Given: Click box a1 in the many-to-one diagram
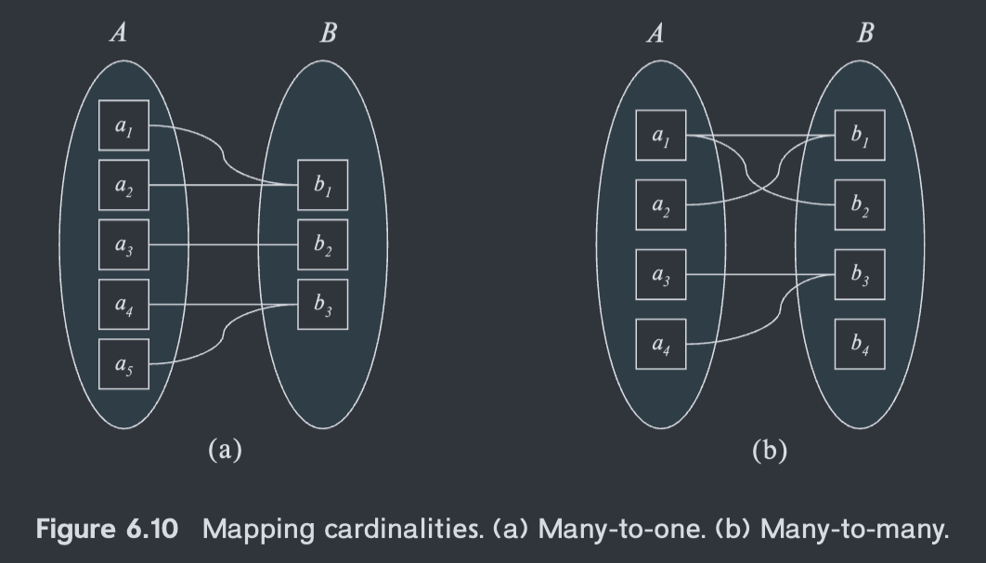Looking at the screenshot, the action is [x=123, y=125].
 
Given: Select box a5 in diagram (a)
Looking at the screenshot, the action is [x=123, y=364].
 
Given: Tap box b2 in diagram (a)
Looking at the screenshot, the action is [x=322, y=244].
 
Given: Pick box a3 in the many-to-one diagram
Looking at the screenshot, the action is [x=123, y=244].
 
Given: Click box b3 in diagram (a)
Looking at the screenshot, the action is [x=322, y=305].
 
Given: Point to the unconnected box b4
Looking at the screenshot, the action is [x=860, y=344].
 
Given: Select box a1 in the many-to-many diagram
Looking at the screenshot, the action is [x=661, y=136].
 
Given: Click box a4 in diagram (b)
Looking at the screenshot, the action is [x=661, y=344].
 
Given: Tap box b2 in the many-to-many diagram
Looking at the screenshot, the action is [x=860, y=205].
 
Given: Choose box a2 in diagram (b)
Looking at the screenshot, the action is [x=661, y=205].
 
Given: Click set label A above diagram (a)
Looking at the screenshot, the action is [x=118, y=33].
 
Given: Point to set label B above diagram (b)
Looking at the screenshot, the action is [x=865, y=33].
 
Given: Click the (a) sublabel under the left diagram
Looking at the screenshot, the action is [x=225, y=450].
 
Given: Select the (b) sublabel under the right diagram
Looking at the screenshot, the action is [x=770, y=451].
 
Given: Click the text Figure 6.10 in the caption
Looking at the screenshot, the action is [x=107, y=529].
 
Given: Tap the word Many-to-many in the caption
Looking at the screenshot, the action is [x=854, y=530].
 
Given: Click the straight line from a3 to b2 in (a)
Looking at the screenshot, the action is [x=223, y=244].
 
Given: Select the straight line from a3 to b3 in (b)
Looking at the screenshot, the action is [x=760, y=275].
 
